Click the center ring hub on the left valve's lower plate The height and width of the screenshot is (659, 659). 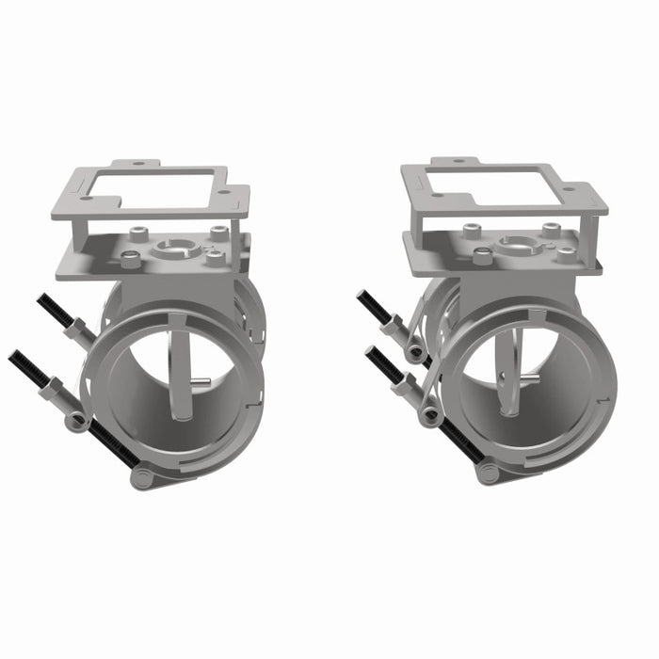pos(174,249)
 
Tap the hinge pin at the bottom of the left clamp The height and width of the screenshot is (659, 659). pos(142,479)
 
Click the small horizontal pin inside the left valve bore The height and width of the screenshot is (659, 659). pos(200,381)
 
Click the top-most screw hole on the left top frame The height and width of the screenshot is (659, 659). pos(138,163)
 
